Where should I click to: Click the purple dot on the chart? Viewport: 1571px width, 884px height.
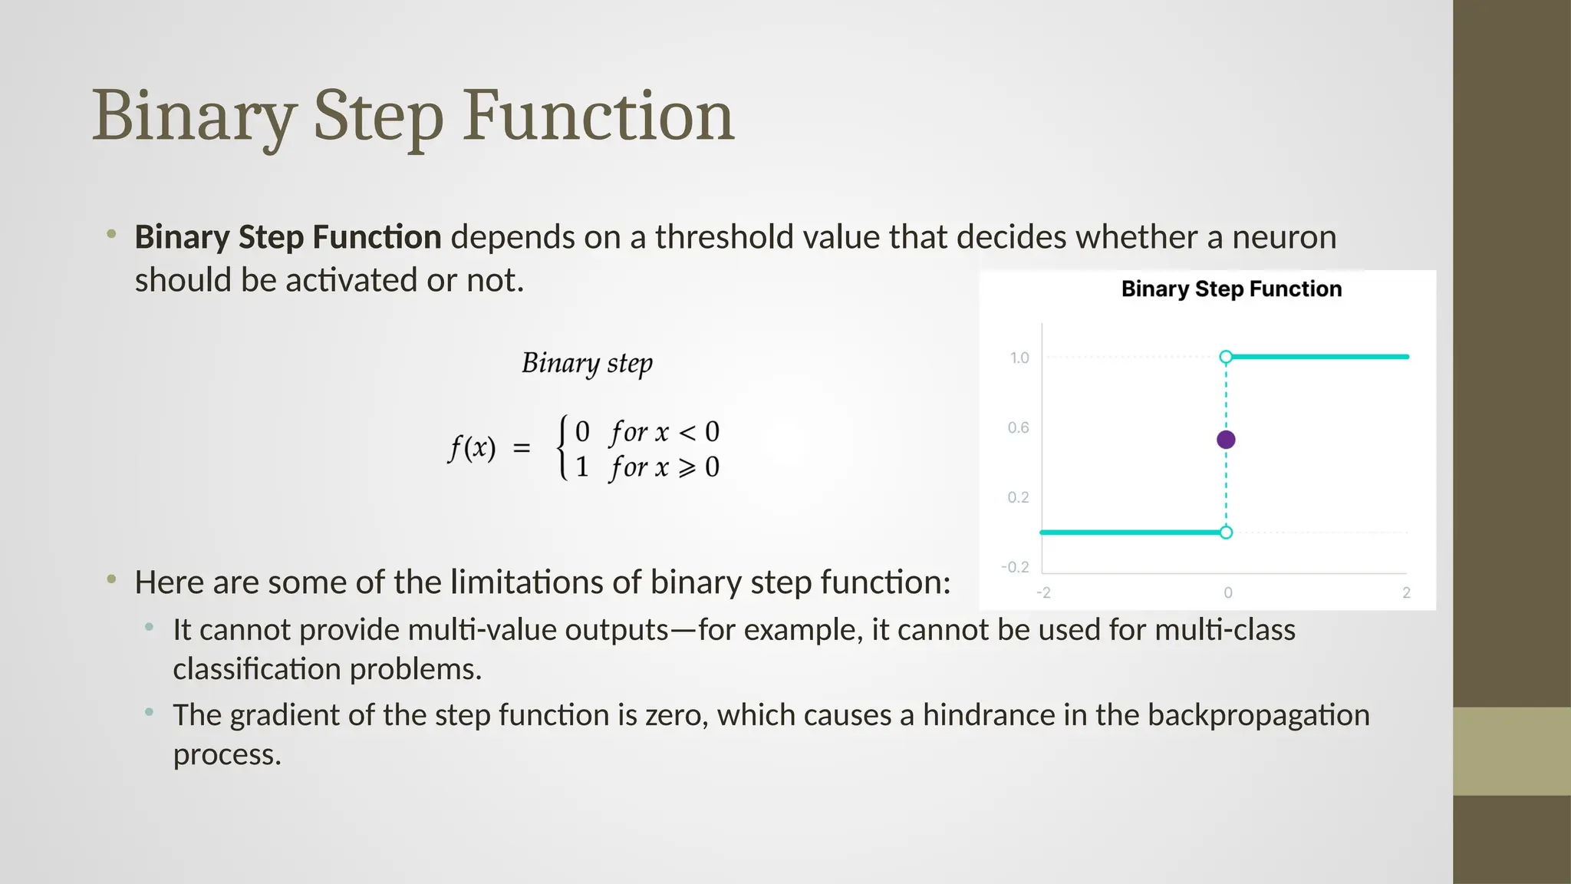pos(1226,440)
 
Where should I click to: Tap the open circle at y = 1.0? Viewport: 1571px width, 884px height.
pos(1226,357)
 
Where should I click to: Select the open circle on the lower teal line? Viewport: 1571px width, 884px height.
pos(1226,533)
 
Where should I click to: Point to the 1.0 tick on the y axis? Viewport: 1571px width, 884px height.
pos(1019,358)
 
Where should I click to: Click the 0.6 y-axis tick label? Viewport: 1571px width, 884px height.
pos(1018,427)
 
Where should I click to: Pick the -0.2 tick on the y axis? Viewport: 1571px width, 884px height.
pos(1015,567)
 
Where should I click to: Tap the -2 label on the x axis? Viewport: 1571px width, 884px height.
pos(1043,592)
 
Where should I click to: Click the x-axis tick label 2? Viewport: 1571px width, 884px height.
pos(1406,592)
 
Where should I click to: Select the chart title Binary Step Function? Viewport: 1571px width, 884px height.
pos(1231,289)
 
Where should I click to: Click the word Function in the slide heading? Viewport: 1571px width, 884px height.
pos(598,117)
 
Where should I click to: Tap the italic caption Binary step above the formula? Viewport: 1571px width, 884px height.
pos(587,363)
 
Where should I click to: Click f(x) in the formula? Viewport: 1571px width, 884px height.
pos(472,447)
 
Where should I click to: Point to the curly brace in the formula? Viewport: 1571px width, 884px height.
pos(563,448)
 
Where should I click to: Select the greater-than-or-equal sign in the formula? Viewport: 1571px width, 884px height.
pos(687,467)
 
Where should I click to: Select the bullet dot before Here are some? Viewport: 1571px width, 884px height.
pos(111,579)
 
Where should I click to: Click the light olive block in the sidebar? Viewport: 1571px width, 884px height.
pos(1511,751)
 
